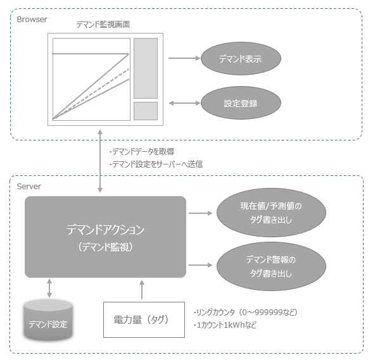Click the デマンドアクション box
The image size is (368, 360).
[105, 237]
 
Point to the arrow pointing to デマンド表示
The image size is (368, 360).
[184, 59]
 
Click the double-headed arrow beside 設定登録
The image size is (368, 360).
[184, 102]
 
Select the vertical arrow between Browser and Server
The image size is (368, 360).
[101, 159]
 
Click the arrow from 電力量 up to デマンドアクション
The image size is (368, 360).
[142, 290]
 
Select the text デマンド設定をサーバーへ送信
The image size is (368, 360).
[156, 164]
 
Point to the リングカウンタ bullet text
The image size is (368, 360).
[245, 312]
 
